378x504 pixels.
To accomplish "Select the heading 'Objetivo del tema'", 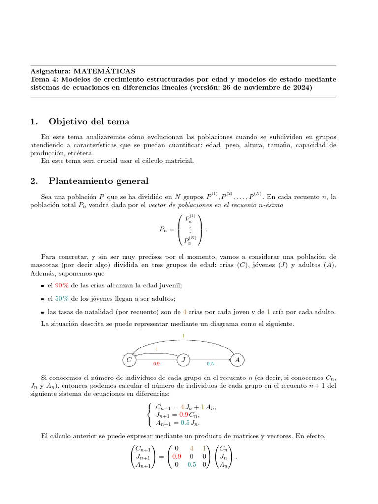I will pyautogui.click(x=89, y=122).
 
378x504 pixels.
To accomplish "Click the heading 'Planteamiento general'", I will pyautogui.click(x=98, y=181).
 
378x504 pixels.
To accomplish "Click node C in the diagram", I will pyautogui.click(x=129, y=360).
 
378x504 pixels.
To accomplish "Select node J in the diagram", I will pyautogui.click(x=183, y=360).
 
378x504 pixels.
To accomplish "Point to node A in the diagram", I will pyautogui.click(x=238, y=360).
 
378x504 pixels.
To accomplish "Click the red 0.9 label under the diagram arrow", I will pyautogui.click(x=156, y=364).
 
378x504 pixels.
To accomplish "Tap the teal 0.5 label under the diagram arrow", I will pyautogui.click(x=210, y=364).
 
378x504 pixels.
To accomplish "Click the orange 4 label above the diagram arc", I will pyautogui.click(x=157, y=349).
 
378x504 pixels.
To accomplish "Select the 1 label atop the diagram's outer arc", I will pyautogui.click(x=183, y=337).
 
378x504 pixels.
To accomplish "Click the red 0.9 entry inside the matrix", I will pyautogui.click(x=176, y=456).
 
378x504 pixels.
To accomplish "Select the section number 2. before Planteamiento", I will pyautogui.click(x=33, y=181).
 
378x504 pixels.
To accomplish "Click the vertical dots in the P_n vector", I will pyautogui.click(x=190, y=230).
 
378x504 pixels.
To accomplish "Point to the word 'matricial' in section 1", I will pyautogui.click(x=181, y=161).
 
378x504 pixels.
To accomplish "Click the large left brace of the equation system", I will pyautogui.click(x=149, y=414).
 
